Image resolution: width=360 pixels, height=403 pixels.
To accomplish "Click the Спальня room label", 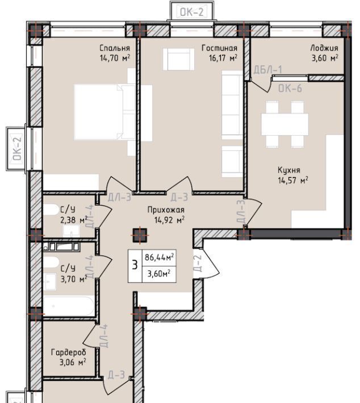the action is [x=115, y=48].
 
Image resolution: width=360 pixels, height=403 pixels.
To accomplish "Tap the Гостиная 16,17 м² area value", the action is [x=223, y=58].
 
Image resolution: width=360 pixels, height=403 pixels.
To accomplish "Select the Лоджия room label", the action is [x=324, y=48].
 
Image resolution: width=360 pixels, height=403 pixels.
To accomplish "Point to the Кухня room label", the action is [x=289, y=170].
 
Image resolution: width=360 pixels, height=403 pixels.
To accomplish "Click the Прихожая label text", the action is [x=166, y=210].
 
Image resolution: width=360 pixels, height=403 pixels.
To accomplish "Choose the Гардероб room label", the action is [x=69, y=352].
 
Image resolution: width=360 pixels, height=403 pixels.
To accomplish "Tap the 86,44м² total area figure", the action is [x=159, y=257].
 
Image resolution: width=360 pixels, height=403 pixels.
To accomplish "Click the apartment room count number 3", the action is [x=135, y=265].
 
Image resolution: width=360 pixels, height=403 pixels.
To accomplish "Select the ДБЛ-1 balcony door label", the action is [x=267, y=70].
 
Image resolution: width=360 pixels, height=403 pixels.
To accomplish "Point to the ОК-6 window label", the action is [x=290, y=89].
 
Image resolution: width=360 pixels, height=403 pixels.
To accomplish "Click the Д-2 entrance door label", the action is [x=198, y=263].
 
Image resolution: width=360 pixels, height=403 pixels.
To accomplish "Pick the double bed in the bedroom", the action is [x=113, y=112].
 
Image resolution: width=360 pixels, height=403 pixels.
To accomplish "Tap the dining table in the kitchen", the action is [x=285, y=124].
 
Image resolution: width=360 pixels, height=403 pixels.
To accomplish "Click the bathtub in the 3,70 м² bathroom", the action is [x=69, y=306].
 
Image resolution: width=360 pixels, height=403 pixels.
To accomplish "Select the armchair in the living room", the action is [x=178, y=59].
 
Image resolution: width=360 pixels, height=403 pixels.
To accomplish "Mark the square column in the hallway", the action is [x=140, y=236].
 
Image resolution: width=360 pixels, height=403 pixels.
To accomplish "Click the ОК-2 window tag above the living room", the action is [x=191, y=12].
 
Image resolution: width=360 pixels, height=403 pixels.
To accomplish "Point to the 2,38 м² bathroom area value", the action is [x=74, y=220].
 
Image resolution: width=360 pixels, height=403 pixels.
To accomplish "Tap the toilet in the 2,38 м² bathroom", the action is [x=51, y=209].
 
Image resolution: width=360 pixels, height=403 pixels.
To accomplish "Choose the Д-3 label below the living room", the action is [x=179, y=198].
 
